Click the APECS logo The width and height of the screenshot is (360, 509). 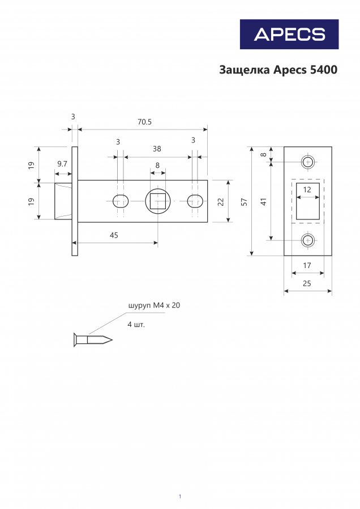pyautogui.click(x=289, y=34)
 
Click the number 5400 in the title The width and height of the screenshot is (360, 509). pyautogui.click(x=324, y=70)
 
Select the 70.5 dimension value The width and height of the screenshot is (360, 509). pyautogui.click(x=144, y=122)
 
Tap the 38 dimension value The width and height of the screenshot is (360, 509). pyautogui.click(x=157, y=149)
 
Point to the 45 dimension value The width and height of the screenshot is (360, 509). pyautogui.click(x=114, y=235)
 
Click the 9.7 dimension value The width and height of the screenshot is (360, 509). pyautogui.click(x=62, y=164)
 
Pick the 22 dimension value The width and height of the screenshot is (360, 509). pyautogui.click(x=221, y=201)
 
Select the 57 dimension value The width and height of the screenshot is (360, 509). pyautogui.click(x=245, y=202)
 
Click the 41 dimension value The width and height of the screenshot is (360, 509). pyautogui.click(x=264, y=201)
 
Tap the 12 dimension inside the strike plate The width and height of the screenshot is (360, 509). pyautogui.click(x=307, y=189)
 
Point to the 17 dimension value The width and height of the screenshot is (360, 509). pyautogui.click(x=307, y=266)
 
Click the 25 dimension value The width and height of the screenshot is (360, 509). pyautogui.click(x=307, y=283)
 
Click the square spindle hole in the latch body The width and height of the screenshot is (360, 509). pyautogui.click(x=157, y=201)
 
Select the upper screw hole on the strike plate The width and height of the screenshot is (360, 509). pyautogui.click(x=307, y=162)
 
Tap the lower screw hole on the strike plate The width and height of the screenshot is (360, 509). pyautogui.click(x=307, y=240)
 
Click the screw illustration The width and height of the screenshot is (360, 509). pyautogui.click(x=93, y=340)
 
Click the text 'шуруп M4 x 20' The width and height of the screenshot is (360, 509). pyautogui.click(x=154, y=305)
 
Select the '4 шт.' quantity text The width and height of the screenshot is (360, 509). pyautogui.click(x=136, y=324)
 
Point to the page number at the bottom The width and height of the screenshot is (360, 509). pyautogui.click(x=180, y=497)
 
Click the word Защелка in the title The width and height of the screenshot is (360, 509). pyautogui.click(x=245, y=70)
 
